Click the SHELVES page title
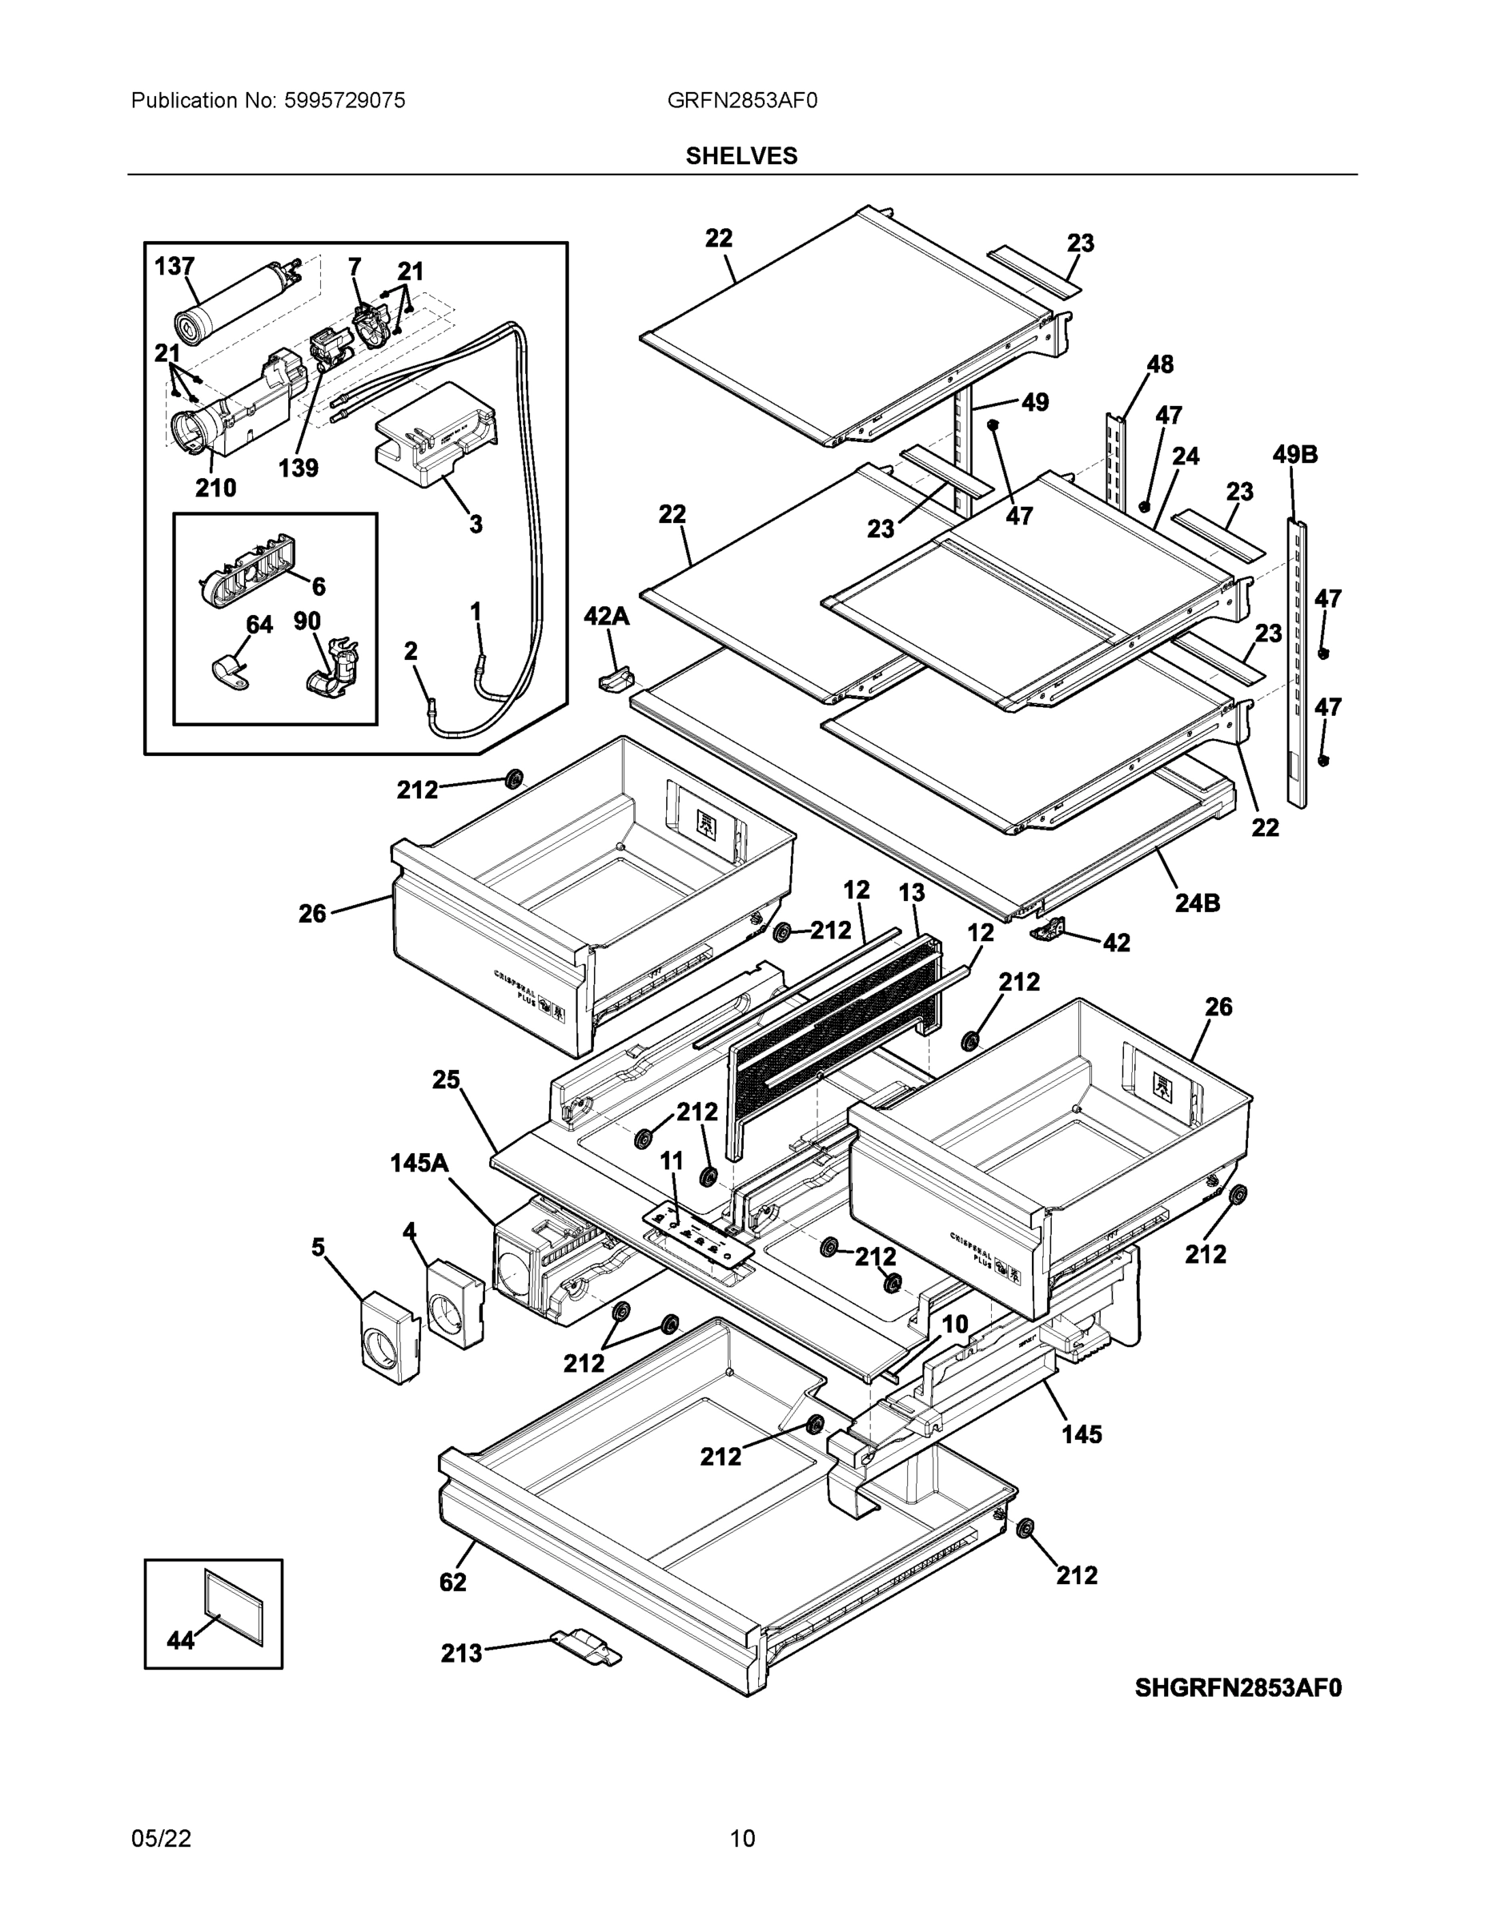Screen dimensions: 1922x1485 pos(741,156)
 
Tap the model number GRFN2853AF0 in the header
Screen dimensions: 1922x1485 pos(741,101)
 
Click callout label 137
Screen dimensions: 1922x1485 pos(175,266)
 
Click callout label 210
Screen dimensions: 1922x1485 pos(215,488)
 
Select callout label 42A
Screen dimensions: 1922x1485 pos(606,617)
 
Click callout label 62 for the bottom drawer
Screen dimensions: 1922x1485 pos(453,1582)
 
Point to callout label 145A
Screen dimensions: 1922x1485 pos(419,1164)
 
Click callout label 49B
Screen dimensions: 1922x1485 pos(1295,455)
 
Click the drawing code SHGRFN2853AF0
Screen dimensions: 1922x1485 pos(1238,1687)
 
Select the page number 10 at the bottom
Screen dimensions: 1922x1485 pos(741,1839)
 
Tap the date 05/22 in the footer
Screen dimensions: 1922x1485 pos(161,1839)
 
